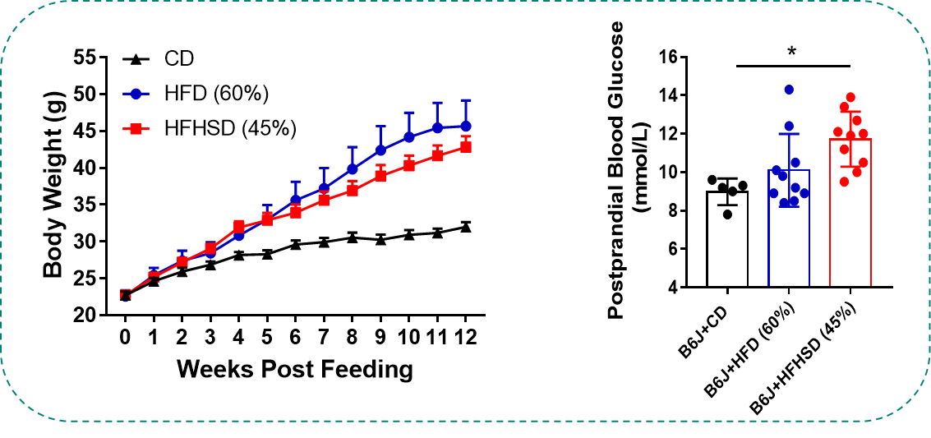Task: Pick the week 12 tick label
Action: coord(465,337)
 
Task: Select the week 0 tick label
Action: coord(125,337)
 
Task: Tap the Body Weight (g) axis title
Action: coord(55,187)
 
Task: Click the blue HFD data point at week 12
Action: coord(465,126)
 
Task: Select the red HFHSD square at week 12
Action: coord(465,147)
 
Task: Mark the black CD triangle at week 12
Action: coord(465,227)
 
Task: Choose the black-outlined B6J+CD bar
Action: coord(727,242)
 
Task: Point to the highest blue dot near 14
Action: coord(789,90)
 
